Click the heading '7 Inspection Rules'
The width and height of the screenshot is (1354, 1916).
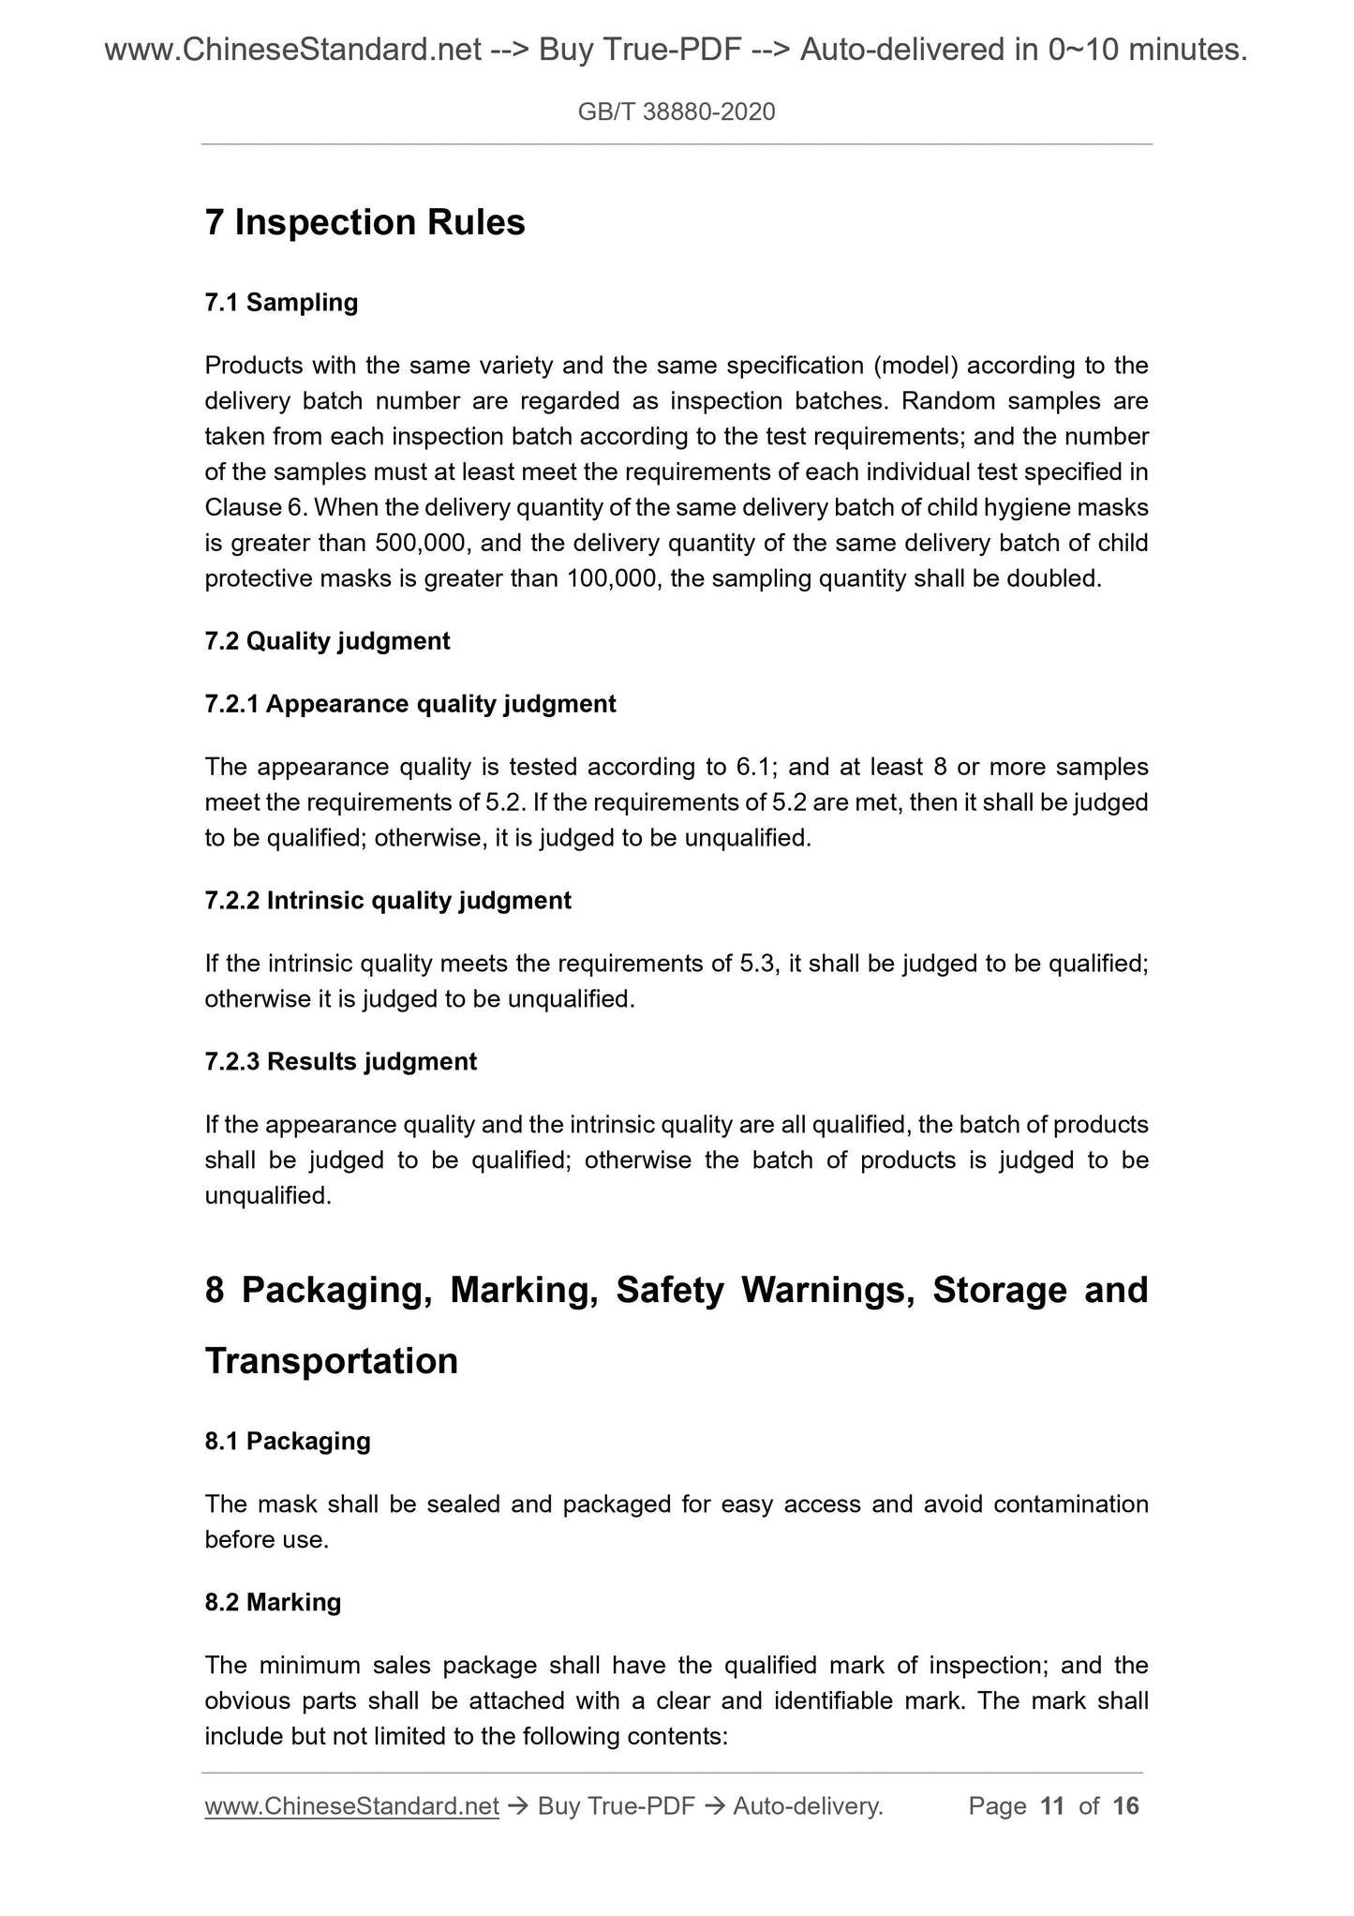pos(365,222)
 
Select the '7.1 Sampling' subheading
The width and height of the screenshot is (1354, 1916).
pos(281,303)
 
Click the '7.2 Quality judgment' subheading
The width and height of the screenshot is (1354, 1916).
pos(327,641)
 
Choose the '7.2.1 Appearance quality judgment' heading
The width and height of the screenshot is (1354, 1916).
pos(410,704)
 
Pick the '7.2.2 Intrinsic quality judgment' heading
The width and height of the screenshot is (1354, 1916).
pos(388,901)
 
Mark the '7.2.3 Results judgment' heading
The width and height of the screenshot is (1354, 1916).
pos(340,1062)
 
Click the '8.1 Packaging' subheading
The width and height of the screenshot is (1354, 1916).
pos(288,1441)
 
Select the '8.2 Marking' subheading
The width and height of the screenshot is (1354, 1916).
pos(273,1602)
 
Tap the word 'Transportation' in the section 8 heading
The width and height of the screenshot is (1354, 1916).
pos(332,1361)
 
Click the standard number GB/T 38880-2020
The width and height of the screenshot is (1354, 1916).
pos(677,112)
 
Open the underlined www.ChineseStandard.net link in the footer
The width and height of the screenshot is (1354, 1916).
pos(351,1805)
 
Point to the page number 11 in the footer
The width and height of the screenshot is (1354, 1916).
pos(1052,1805)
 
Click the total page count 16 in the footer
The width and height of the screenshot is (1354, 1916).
pos(1125,1805)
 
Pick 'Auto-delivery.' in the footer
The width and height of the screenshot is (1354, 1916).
pos(808,1805)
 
